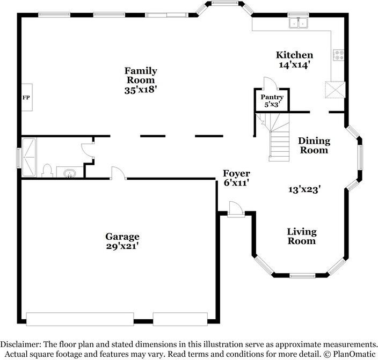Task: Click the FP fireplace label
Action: click(x=25, y=97)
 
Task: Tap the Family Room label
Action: click(x=141, y=76)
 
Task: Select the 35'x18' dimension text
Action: click(x=141, y=90)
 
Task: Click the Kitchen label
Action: click(x=294, y=55)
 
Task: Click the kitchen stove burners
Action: click(x=339, y=55)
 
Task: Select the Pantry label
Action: click(x=272, y=97)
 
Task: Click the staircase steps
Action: click(x=279, y=145)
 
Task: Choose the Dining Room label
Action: click(x=314, y=145)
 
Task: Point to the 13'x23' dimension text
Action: click(x=304, y=189)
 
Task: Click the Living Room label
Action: click(x=301, y=236)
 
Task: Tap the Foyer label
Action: click(x=237, y=173)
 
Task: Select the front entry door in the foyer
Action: click(x=234, y=208)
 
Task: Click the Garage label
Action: click(x=122, y=236)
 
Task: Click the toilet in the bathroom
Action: click(x=47, y=171)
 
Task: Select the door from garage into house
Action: click(x=118, y=173)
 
